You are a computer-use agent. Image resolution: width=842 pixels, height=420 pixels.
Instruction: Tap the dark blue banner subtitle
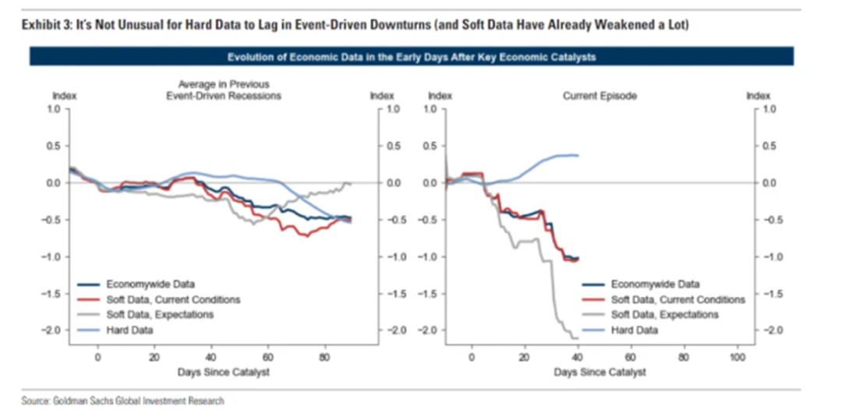pos(412,56)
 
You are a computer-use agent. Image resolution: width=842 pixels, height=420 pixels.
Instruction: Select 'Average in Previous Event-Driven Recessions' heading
pos(229,90)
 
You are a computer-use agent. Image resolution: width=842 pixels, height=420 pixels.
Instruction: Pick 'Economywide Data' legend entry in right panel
pos(655,284)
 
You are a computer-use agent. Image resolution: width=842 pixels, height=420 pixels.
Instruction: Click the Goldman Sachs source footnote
pos(122,401)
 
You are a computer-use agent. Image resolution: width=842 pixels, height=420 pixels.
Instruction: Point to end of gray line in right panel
pos(577,338)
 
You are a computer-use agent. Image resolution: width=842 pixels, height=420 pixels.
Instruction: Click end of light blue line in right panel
pos(578,156)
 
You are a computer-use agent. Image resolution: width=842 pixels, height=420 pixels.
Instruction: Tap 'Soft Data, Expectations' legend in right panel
pos(665,315)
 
